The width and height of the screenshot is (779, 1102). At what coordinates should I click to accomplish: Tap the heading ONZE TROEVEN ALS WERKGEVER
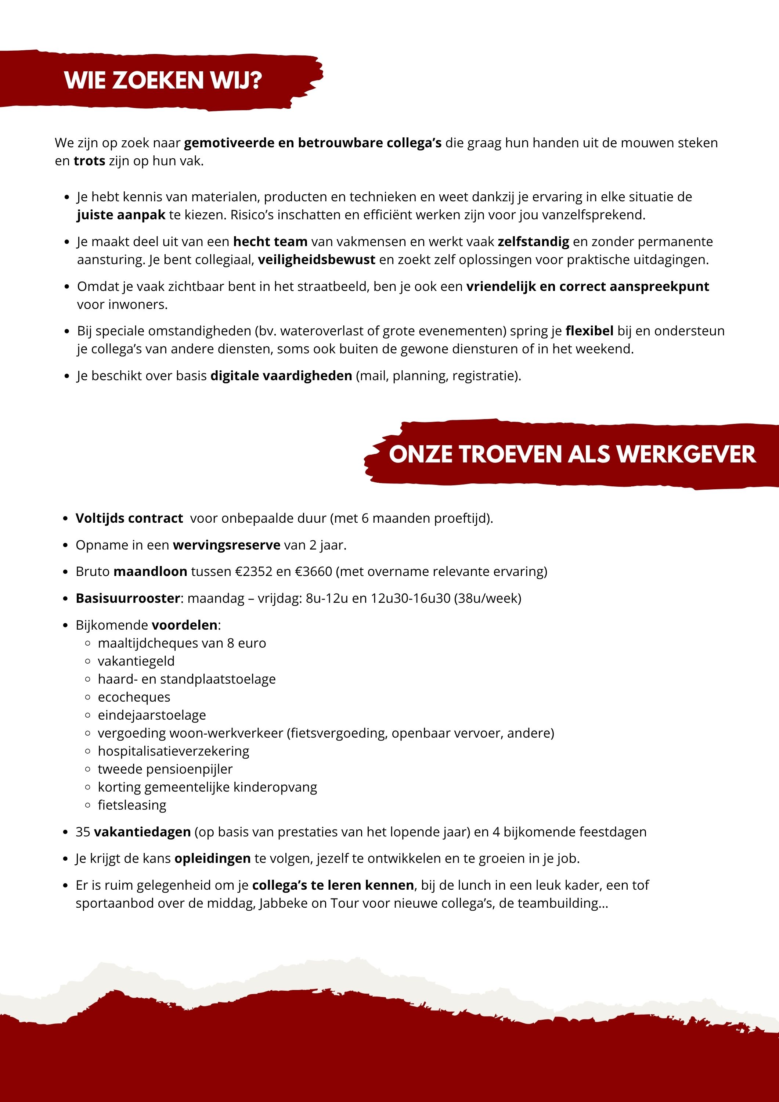click(572, 454)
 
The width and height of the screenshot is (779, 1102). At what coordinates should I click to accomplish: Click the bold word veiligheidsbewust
click(316, 260)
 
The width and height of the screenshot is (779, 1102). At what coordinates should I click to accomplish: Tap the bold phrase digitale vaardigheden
click(281, 375)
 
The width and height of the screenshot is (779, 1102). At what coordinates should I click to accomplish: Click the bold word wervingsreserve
click(227, 545)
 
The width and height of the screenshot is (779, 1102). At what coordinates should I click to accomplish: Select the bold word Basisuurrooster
click(128, 598)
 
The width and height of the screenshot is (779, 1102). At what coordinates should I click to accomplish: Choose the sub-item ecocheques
click(134, 697)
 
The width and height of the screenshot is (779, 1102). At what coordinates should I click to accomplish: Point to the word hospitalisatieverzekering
click(173, 751)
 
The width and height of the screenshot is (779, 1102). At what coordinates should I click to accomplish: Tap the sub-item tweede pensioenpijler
click(165, 769)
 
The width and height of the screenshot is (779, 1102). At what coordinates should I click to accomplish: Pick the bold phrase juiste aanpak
click(121, 215)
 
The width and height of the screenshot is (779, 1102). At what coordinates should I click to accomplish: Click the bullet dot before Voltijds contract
click(66, 519)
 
